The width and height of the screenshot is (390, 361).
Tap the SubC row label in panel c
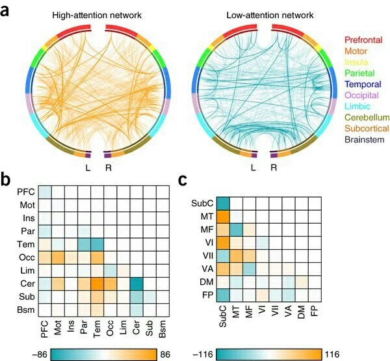[x=203, y=204]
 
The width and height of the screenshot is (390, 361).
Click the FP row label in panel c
[x=206, y=295]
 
